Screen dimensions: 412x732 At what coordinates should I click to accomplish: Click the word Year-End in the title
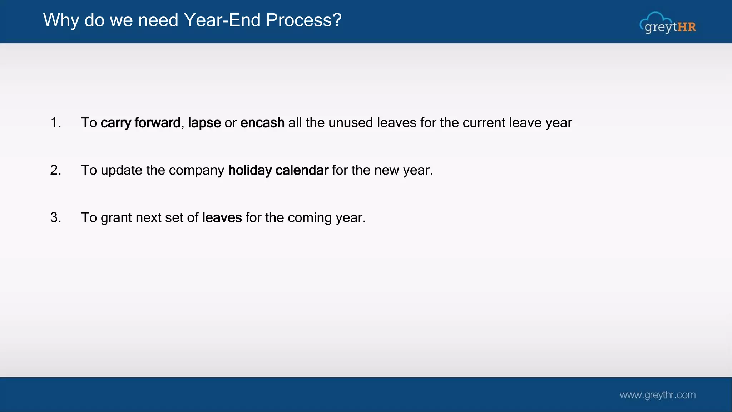[222, 20]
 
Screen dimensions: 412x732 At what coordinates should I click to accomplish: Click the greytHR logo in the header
[668, 24]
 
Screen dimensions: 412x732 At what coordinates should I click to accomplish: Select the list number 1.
[56, 123]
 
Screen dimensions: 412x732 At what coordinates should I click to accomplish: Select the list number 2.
[56, 170]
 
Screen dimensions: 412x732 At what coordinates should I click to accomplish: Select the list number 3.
[56, 217]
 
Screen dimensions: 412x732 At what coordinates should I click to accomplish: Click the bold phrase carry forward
[140, 123]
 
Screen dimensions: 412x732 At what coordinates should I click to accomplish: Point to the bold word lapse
[204, 123]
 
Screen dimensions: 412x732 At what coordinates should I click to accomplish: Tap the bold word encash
[262, 123]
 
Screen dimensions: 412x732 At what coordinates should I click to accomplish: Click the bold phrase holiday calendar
[278, 170]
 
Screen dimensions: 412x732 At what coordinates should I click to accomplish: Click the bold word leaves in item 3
[222, 217]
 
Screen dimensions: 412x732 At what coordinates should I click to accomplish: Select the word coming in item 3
[310, 218]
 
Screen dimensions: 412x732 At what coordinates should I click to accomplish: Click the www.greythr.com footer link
[657, 395]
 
